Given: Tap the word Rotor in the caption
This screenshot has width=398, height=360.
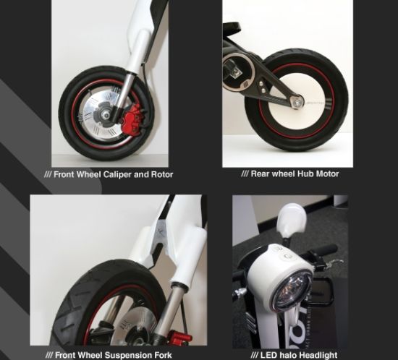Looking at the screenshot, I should [161, 173].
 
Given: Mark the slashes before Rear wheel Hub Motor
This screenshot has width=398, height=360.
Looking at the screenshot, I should [246, 173].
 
